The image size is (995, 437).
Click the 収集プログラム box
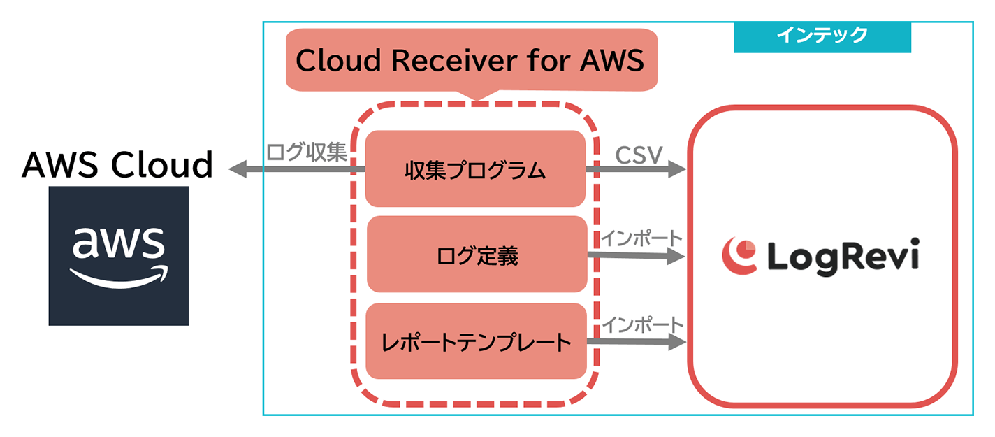[475, 169]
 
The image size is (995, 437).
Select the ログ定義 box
[477, 255]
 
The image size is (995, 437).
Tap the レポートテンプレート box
[477, 342]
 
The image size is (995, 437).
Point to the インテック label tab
[822, 36]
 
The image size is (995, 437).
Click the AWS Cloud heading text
[117, 165]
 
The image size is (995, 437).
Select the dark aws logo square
[119, 255]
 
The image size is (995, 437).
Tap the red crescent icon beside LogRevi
[739, 255]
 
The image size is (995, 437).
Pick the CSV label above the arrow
[639, 155]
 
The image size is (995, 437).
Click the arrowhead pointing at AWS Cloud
[238, 169]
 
